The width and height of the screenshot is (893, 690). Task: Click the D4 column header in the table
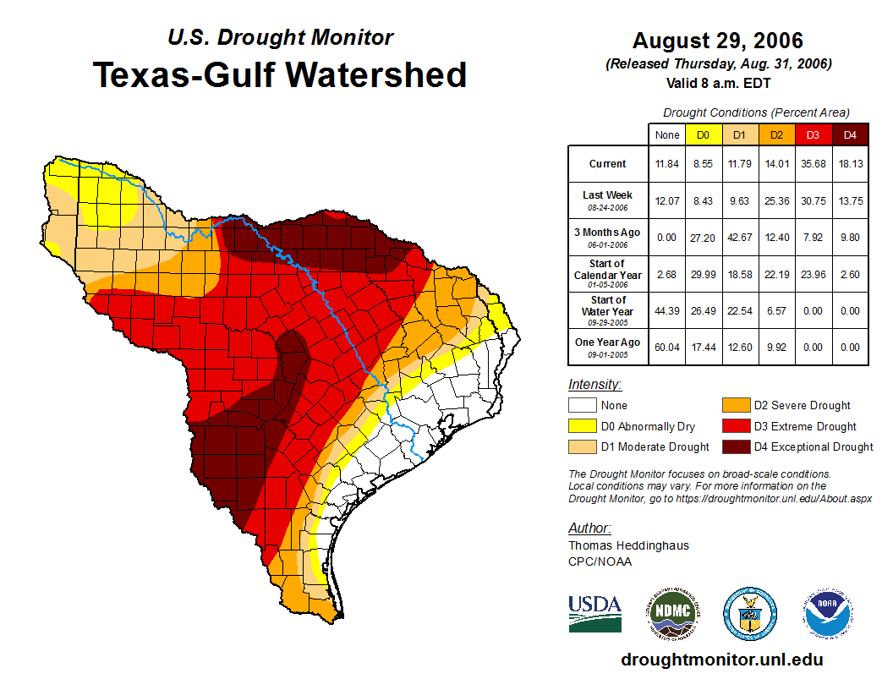[x=850, y=134]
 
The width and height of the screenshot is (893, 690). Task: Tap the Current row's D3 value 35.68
[x=814, y=164]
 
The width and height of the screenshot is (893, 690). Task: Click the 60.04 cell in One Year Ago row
[x=666, y=347]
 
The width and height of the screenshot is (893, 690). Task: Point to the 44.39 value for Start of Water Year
[x=666, y=310]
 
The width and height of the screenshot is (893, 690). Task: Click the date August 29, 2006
[x=717, y=41]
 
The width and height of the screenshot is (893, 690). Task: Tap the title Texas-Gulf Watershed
[x=280, y=74]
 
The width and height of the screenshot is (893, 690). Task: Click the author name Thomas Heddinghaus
[x=628, y=545]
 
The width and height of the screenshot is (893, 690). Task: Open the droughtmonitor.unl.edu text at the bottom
[x=721, y=660]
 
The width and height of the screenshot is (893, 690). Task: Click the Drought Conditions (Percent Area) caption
[x=756, y=112]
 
